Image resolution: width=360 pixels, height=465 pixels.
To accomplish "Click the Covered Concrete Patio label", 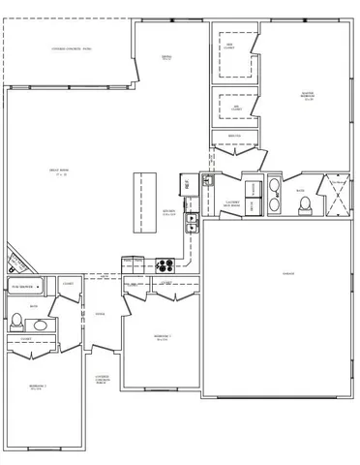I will click(72, 48).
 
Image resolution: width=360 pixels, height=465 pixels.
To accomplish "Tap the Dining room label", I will click(166, 58).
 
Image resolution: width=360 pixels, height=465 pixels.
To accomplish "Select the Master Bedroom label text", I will click(308, 97).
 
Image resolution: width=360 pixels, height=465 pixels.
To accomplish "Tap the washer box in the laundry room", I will click(252, 188).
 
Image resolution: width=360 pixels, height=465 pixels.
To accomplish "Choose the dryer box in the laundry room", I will click(252, 205).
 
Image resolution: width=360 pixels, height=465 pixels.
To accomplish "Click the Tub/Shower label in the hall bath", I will click(24, 288).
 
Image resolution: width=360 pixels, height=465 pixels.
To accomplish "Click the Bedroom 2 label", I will click(162, 337).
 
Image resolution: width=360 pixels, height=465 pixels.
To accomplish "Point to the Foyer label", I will click(100, 314).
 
